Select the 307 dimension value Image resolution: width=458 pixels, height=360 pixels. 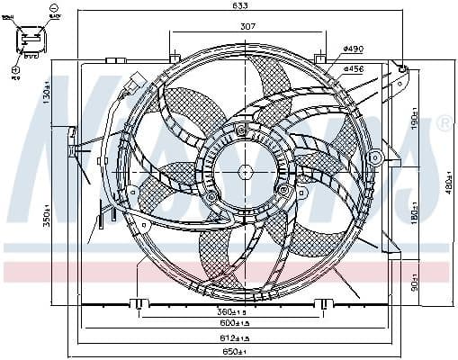pos(247,27)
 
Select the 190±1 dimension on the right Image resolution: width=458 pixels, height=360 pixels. pos(415,119)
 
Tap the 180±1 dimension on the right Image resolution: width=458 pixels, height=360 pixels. pos(415,217)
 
